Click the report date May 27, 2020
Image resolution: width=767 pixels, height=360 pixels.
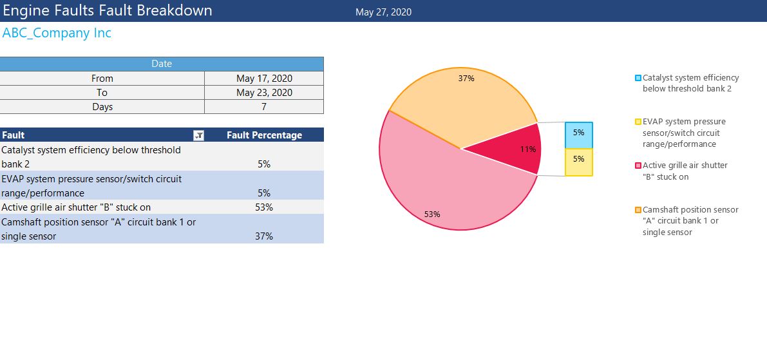[383, 12]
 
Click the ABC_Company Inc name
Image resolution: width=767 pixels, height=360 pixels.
[57, 33]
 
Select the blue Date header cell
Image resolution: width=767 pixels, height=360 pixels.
[162, 64]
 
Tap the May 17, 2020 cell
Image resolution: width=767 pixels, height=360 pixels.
[264, 79]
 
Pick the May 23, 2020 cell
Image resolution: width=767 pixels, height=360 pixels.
[264, 93]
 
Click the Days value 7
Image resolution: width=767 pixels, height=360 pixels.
[264, 107]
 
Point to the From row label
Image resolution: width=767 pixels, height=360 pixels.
[102, 79]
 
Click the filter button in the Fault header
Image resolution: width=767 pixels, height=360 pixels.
[199, 135]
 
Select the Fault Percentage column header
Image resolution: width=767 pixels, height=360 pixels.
[264, 135]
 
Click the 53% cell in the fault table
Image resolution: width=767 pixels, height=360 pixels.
[264, 207]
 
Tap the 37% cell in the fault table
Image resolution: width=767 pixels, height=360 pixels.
[264, 236]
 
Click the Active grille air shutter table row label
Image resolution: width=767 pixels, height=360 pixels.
[76, 207]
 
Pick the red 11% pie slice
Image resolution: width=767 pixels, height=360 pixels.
[515, 151]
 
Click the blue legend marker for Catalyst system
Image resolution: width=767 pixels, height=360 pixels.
[638, 78]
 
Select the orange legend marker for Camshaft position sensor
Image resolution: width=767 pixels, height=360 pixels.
[638, 210]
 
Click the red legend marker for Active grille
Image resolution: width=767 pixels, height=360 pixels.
[638, 166]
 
